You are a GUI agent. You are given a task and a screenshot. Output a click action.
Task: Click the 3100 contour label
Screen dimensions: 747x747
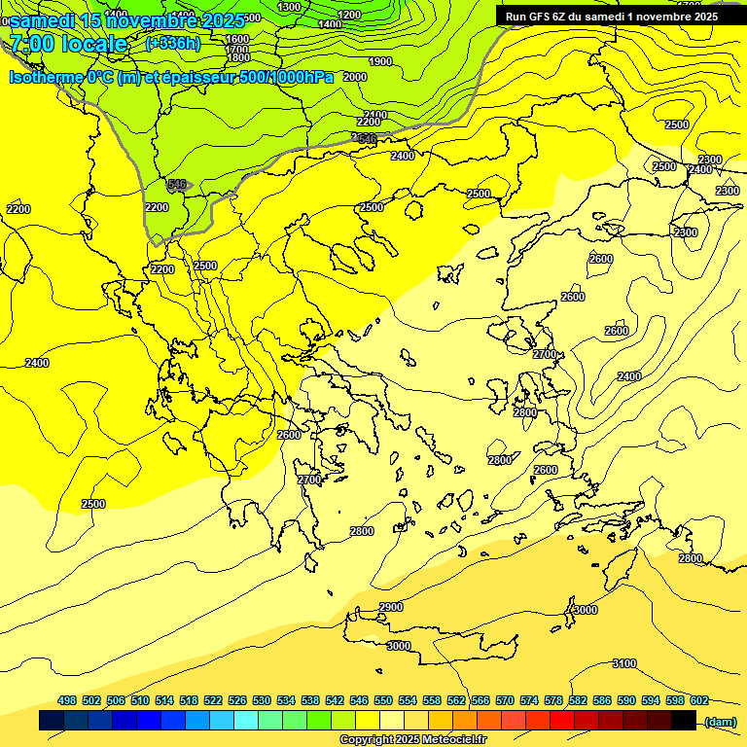[x=624, y=664]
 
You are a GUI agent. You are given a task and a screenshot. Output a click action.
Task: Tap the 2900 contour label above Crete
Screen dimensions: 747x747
[x=391, y=608]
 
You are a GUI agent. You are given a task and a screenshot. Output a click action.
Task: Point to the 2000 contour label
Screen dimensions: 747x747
[x=355, y=77]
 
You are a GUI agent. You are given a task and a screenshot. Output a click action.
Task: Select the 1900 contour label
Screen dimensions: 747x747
[x=380, y=62]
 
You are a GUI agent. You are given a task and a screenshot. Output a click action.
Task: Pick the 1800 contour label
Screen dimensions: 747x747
[x=237, y=58]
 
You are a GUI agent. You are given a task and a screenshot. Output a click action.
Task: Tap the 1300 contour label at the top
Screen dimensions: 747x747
[x=289, y=8]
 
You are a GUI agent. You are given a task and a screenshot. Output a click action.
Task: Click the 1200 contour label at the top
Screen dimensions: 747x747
[x=350, y=15]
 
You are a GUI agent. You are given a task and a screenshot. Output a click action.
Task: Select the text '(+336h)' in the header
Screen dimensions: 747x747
[x=172, y=43]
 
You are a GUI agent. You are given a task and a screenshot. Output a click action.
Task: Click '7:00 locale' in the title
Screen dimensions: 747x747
[x=68, y=44]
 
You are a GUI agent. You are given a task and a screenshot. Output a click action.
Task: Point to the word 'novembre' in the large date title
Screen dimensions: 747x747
[x=152, y=18]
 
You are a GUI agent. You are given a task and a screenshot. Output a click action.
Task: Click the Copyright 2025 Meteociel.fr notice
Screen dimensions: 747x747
[x=412, y=740]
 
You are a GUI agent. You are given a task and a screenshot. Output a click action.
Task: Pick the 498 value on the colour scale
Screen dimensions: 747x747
[x=67, y=701]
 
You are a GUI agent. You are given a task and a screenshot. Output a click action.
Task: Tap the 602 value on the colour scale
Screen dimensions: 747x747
[x=699, y=701]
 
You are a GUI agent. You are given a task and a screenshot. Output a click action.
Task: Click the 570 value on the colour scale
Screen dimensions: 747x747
[x=505, y=701]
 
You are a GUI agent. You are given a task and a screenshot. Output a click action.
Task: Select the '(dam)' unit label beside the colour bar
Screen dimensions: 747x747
[x=721, y=721]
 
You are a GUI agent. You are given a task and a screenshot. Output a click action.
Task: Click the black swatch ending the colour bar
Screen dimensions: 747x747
[x=684, y=721]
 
